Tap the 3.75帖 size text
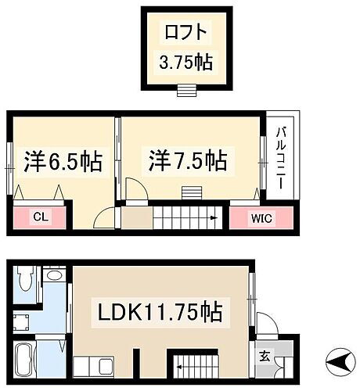[185, 62]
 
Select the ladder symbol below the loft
[185, 90]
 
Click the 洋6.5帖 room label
[63, 162]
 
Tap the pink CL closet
[38, 217]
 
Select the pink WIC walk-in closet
[261, 217]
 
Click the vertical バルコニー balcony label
[279, 156]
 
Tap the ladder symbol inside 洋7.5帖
[190, 192]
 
